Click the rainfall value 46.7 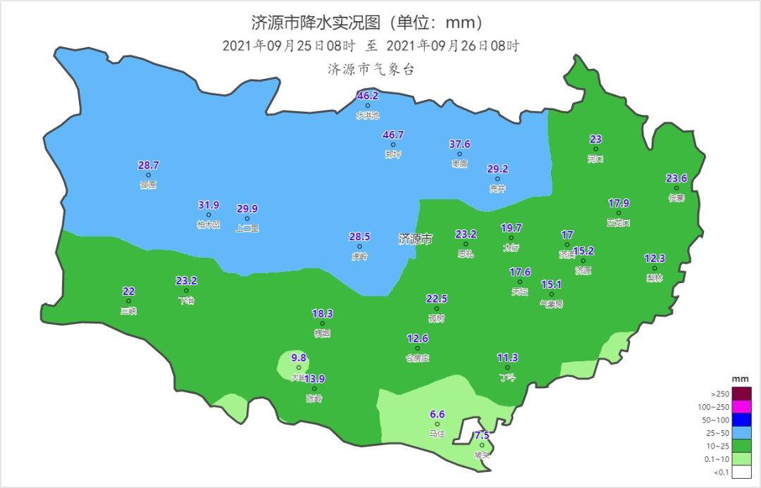pos(393,134)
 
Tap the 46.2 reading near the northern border pos(368,96)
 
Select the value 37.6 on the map pos(459,144)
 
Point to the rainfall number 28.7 pos(148,165)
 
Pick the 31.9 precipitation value pos(209,206)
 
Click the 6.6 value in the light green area pos(437,414)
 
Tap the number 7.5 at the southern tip pos(482,435)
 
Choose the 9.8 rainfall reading pos(299,358)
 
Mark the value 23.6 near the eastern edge pos(676,178)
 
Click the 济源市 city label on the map pos(415,239)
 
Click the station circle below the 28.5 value pos(359,246)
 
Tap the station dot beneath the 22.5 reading pos(437,308)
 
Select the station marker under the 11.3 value pos(507,368)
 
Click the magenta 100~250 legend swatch pos(741,407)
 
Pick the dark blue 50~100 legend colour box pos(741,420)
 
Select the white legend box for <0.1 pos(741,471)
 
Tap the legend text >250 pos(717,394)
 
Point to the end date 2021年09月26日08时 pos(453,46)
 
